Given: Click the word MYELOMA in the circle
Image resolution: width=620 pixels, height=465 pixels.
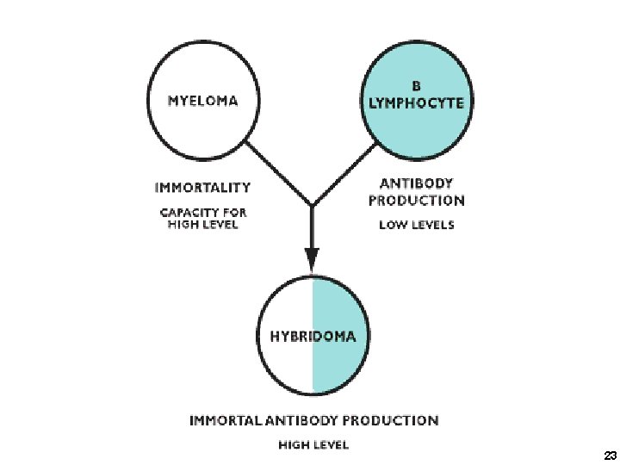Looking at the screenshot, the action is (202, 99).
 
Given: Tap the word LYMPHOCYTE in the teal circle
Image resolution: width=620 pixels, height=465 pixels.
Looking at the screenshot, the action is (416, 102).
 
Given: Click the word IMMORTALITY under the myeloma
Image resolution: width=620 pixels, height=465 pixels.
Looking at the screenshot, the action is (202, 186).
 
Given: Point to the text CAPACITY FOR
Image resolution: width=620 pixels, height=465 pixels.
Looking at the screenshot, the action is (202, 211).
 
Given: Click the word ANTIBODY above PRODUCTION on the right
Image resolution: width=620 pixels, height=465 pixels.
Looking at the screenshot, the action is (417, 183).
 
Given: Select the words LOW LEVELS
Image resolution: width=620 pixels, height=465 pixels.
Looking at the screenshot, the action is (417, 226).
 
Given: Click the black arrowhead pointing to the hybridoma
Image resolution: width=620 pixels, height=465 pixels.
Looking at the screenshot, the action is (312, 257).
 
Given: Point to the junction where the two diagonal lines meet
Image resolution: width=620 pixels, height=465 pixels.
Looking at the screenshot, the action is (312, 206).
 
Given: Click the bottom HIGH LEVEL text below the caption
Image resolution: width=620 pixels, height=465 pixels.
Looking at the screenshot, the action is (313, 445).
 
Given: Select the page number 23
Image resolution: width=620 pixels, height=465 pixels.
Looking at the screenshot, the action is (609, 454).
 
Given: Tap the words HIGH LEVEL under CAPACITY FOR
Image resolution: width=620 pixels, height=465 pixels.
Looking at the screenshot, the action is (202, 225).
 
